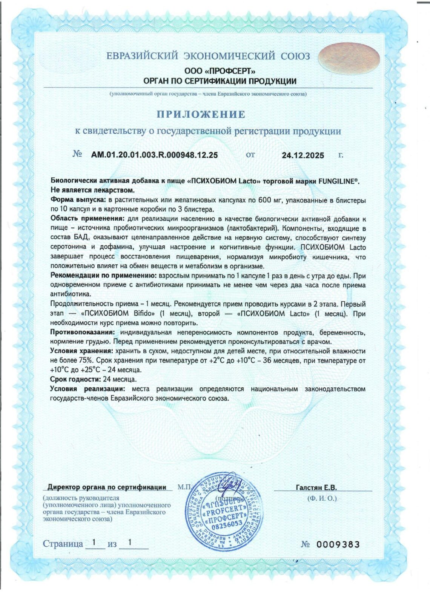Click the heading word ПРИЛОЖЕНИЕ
point(201,114)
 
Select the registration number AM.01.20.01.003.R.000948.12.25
point(154,155)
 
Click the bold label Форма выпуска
point(78,200)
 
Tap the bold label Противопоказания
point(82,332)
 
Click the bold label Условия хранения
point(78,351)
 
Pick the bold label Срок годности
point(75,379)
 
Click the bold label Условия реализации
point(87,388)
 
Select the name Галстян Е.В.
point(316,487)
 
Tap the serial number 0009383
point(338,544)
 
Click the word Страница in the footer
point(63,544)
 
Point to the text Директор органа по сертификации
point(107,487)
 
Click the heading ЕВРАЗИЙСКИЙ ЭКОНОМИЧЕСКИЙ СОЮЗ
point(208,56)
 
